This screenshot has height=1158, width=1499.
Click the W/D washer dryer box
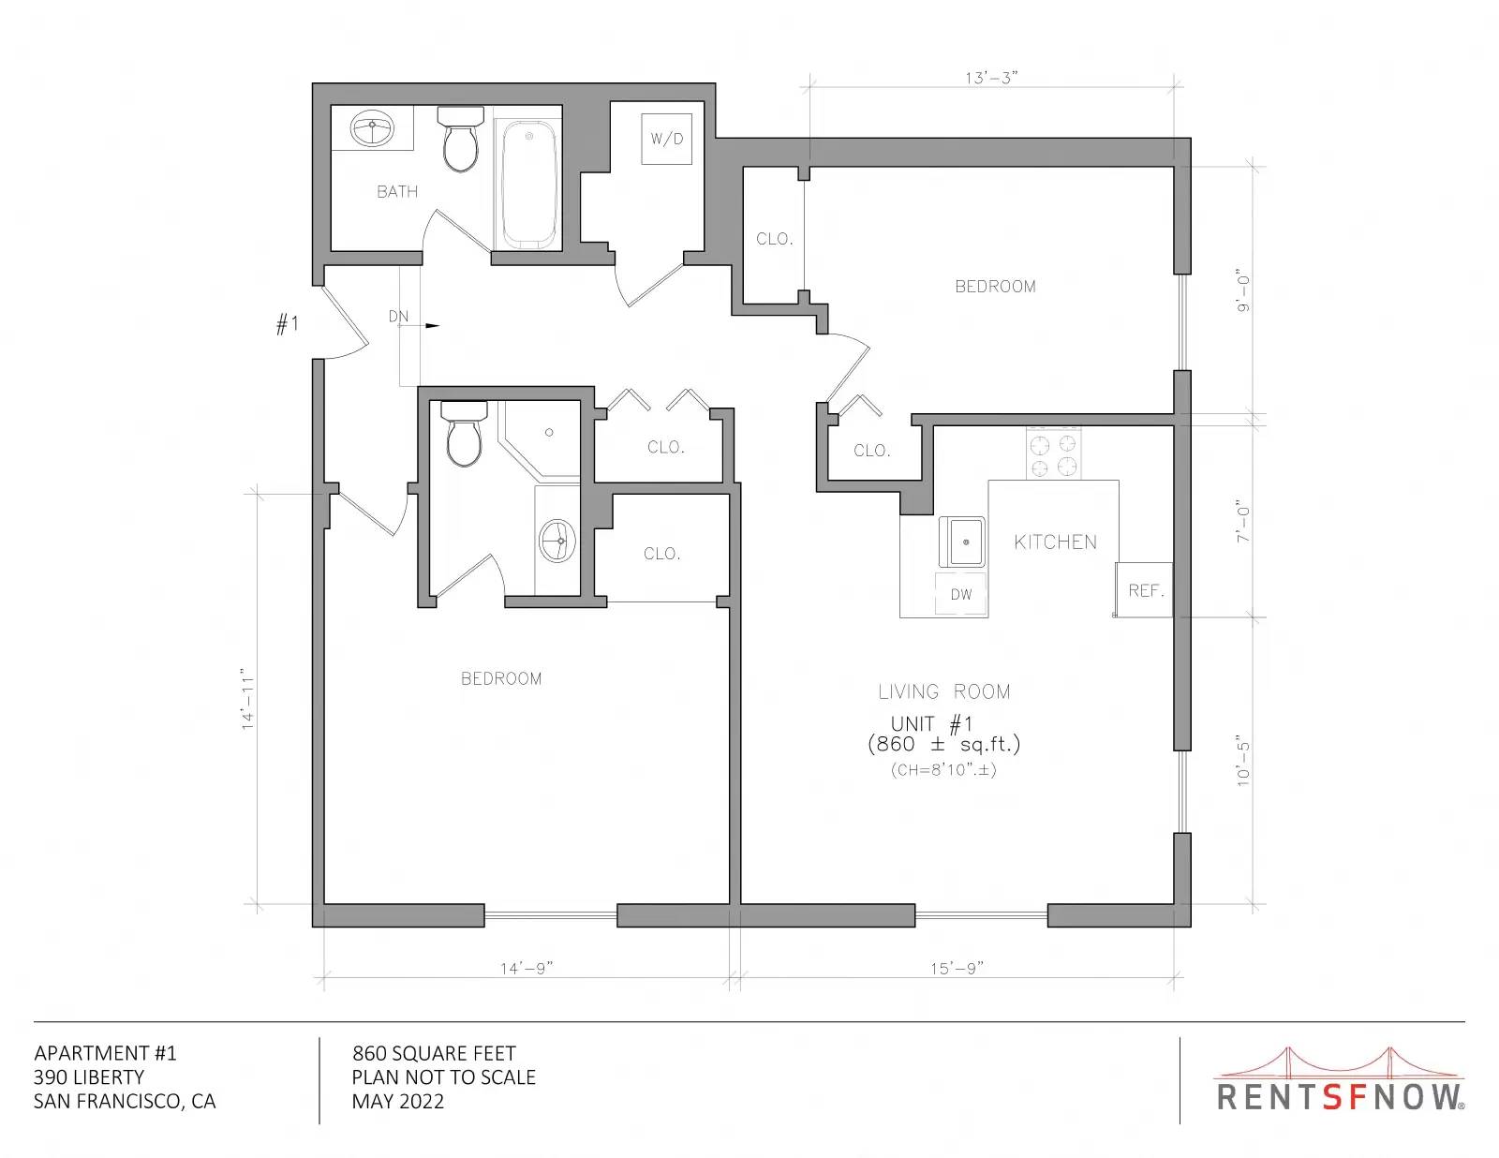pyautogui.click(x=666, y=139)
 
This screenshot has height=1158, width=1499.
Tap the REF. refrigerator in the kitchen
pyautogui.click(x=1143, y=589)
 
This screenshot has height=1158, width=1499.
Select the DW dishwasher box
pyautogui.click(x=961, y=593)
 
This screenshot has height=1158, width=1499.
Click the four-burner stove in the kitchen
pyautogui.click(x=1053, y=453)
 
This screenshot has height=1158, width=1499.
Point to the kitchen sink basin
pyautogui.click(x=962, y=542)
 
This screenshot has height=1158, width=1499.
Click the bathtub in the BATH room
pyautogui.click(x=529, y=185)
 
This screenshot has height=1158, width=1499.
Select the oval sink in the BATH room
pyautogui.click(x=373, y=128)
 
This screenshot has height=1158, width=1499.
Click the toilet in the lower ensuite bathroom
pyautogui.click(x=464, y=434)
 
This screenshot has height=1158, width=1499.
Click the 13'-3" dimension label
pyautogui.click(x=991, y=78)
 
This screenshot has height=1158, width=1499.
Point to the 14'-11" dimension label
pyautogui.click(x=248, y=699)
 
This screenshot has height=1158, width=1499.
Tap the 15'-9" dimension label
pyautogui.click(x=957, y=969)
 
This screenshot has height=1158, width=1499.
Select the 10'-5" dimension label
pyautogui.click(x=1244, y=764)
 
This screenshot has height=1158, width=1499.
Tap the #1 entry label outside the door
pyautogui.click(x=288, y=323)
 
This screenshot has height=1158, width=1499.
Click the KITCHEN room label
pyautogui.click(x=1056, y=542)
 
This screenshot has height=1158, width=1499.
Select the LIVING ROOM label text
pyautogui.click(x=943, y=691)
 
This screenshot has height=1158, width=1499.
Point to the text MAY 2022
pyautogui.click(x=398, y=1102)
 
